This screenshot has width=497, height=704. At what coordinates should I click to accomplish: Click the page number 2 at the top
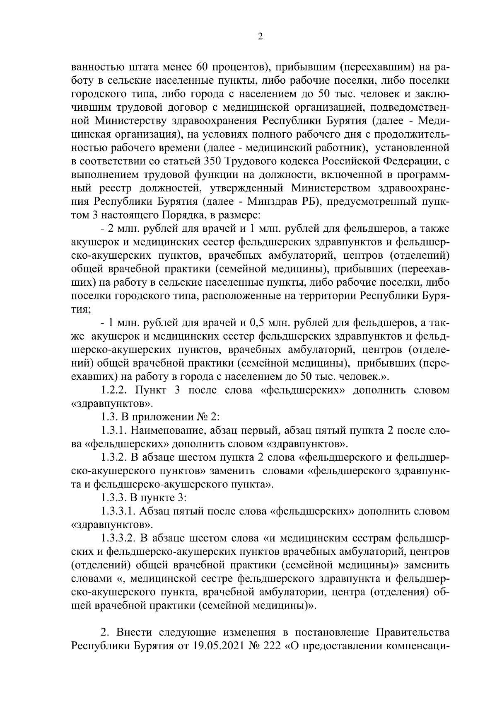[260, 37]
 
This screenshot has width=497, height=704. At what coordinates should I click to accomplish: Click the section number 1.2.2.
[115, 390]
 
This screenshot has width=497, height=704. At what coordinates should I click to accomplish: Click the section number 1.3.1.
[115, 430]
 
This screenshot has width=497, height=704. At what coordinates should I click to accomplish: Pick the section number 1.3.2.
[115, 457]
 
